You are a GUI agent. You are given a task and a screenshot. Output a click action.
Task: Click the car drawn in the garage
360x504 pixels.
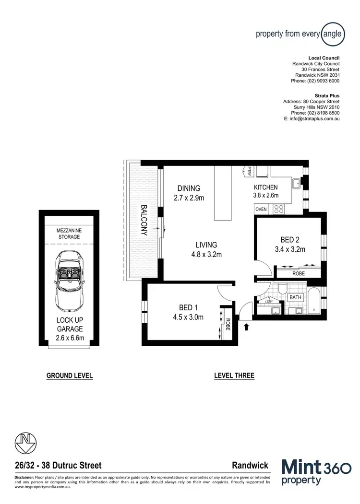(x=69, y=281)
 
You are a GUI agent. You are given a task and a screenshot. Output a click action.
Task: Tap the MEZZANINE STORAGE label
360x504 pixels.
(x=69, y=234)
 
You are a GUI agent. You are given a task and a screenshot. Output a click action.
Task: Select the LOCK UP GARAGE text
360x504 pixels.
(x=70, y=325)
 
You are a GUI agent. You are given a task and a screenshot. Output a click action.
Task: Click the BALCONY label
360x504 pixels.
(x=143, y=220)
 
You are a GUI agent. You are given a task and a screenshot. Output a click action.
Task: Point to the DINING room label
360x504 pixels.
(x=188, y=188)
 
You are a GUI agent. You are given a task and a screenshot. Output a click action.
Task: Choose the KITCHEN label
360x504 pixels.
(x=265, y=187)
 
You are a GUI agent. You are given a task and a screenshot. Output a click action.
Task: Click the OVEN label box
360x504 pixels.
(x=261, y=210)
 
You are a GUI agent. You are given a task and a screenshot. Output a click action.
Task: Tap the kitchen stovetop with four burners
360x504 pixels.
(x=278, y=209)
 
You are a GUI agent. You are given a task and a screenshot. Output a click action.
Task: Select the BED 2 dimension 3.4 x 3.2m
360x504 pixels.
(x=289, y=249)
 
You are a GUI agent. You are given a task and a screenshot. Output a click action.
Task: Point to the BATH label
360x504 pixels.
(x=295, y=298)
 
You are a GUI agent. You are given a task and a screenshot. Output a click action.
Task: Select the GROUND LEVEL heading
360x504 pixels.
(x=69, y=376)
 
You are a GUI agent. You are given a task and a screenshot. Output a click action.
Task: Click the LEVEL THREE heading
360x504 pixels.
(x=234, y=376)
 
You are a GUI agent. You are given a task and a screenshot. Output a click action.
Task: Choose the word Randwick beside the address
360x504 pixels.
(x=250, y=465)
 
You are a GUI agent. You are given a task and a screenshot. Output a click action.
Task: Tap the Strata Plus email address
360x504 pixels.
(x=312, y=118)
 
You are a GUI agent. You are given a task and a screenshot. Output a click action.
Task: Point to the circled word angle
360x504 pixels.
(x=332, y=34)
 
